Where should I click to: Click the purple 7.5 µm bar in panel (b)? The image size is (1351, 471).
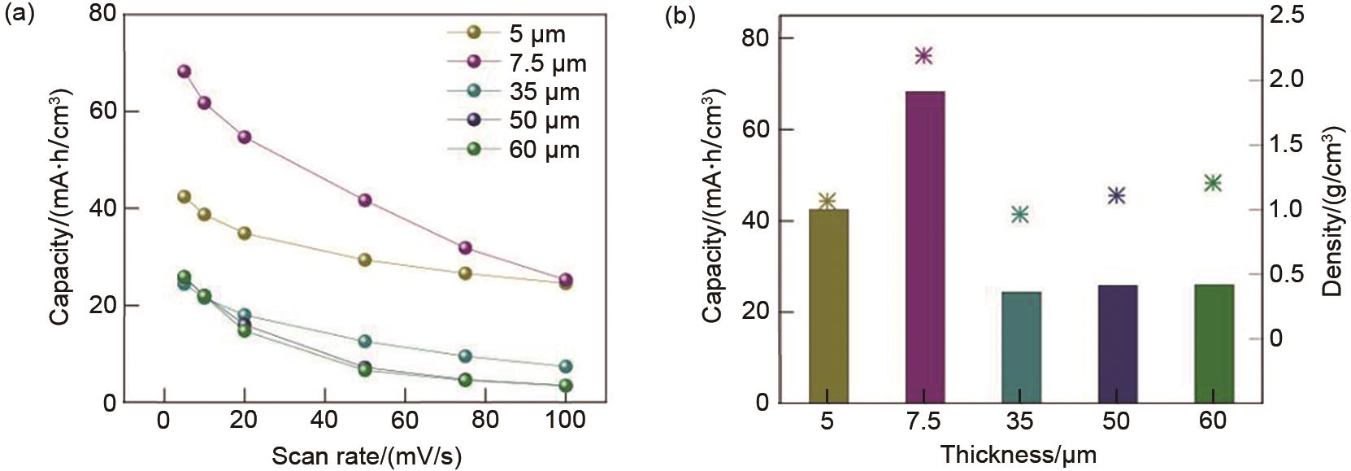(924, 246)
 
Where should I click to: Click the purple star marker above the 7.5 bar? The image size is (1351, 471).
(923, 55)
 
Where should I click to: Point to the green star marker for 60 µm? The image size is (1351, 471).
(1213, 183)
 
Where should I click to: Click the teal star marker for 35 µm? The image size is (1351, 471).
(1020, 214)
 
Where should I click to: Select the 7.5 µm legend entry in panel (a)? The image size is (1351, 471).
(517, 63)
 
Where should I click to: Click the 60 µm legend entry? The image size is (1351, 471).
(517, 150)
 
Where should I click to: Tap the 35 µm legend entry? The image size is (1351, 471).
(517, 92)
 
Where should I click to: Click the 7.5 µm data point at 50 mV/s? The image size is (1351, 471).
(365, 200)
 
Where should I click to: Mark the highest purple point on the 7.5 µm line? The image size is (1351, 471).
(184, 72)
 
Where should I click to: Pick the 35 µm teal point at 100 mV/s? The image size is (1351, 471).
(566, 367)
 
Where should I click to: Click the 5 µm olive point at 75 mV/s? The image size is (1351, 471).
(465, 273)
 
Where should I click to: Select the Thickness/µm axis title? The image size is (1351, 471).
(1019, 454)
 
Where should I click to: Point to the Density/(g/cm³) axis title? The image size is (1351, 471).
(1331, 212)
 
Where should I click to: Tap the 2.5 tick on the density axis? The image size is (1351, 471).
(1285, 15)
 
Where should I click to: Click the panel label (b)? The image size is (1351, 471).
(680, 15)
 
